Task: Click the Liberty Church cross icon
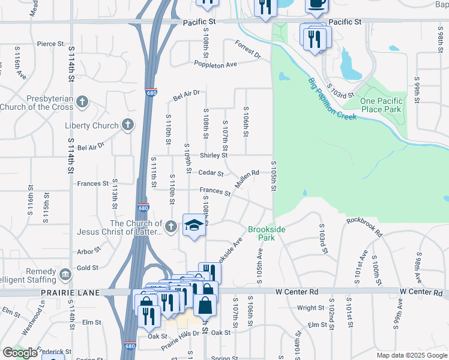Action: pos(127,125)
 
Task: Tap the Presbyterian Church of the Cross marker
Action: pos(82,102)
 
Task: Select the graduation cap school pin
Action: pos(194,226)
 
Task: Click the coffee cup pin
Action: pos(316,4)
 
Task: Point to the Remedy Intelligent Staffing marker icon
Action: pos(65,274)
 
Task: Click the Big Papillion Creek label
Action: pos(333,99)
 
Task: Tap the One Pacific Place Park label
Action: pos(381,105)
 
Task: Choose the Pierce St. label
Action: pos(50,44)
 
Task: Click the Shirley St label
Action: pos(214,155)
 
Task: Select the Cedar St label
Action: pos(212,174)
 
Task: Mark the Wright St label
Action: pos(310,308)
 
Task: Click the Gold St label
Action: pos(87,268)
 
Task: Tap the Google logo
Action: pos(20,353)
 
